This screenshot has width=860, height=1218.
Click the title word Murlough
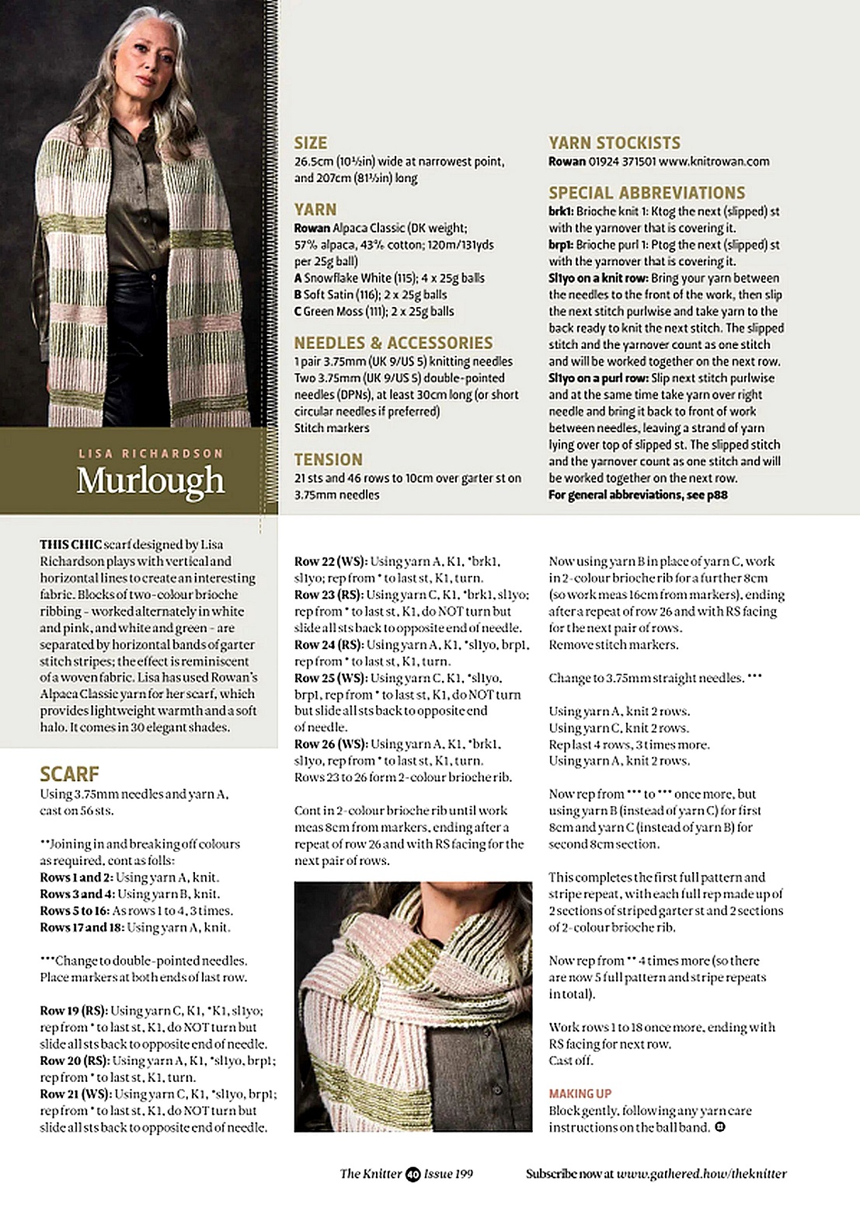(x=151, y=481)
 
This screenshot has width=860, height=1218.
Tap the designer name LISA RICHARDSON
(x=151, y=453)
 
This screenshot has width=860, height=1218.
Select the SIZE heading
(x=311, y=143)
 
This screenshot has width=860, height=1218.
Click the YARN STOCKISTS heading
(x=615, y=143)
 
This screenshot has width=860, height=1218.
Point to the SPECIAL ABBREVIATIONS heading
(x=646, y=193)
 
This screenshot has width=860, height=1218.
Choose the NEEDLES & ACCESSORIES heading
(x=393, y=343)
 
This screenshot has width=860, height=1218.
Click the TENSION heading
(x=328, y=459)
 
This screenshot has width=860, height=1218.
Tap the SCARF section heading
(x=70, y=774)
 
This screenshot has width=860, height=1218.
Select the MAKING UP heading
(x=580, y=1094)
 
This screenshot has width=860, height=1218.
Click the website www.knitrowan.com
(x=714, y=162)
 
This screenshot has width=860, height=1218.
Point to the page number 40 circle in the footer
(x=413, y=1174)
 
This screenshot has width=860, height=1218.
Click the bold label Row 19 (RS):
(x=74, y=1010)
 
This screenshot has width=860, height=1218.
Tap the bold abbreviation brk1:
(x=561, y=211)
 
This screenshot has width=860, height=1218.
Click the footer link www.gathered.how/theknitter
(x=702, y=1174)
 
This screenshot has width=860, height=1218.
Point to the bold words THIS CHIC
(x=71, y=544)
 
